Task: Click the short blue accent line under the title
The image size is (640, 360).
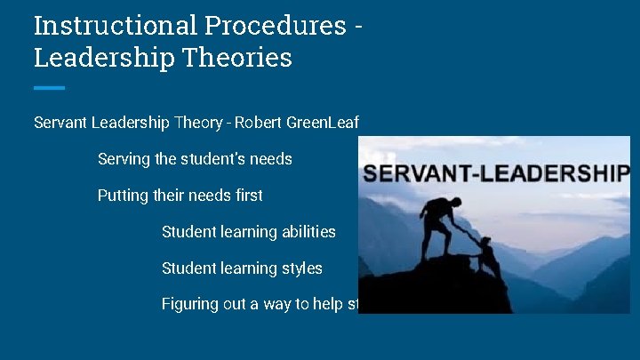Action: [x=49, y=87]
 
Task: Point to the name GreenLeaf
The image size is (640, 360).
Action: [x=325, y=123]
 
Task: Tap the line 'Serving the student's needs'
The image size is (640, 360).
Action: [x=195, y=159]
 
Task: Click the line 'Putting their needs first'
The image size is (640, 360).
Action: [x=180, y=195]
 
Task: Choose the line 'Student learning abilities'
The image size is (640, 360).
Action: [x=249, y=231]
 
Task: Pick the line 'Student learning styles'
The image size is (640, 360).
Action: [x=242, y=268]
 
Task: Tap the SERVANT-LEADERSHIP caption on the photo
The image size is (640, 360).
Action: [x=496, y=172]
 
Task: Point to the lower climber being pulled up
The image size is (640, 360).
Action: [x=487, y=257]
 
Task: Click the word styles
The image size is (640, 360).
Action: [x=303, y=268]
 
